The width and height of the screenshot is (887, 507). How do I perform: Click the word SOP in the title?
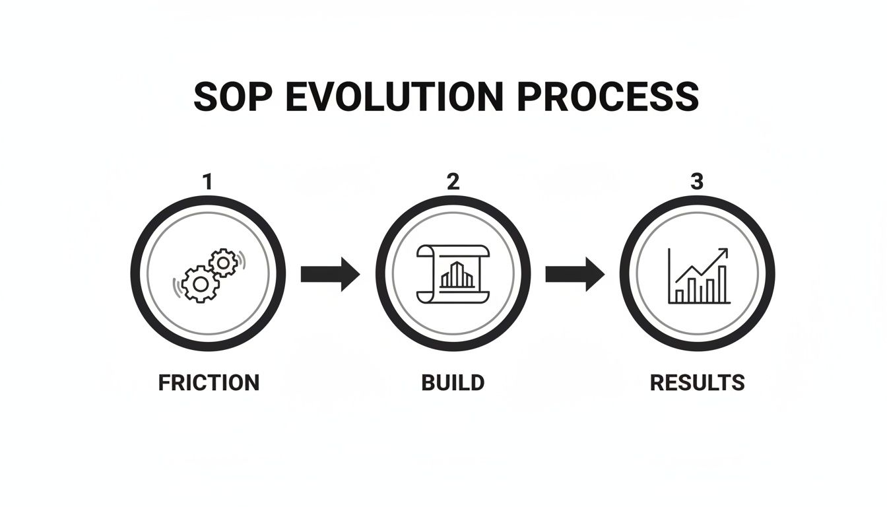227,97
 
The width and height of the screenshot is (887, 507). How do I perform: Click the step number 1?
208,182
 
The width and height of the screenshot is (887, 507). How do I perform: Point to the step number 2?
453,182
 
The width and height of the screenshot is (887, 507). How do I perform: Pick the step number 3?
697,182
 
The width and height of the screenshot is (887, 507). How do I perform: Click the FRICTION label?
209,382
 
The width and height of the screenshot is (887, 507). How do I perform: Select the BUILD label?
453,382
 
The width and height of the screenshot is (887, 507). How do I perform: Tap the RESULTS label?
698,382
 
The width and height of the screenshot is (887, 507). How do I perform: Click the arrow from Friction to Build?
330,273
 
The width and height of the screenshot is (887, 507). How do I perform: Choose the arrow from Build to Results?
575,273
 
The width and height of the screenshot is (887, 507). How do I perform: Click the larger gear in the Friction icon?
200,285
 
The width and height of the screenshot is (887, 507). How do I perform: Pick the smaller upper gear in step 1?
223,263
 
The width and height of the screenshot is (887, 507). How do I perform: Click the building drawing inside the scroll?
457,275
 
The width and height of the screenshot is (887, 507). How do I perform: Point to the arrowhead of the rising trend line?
725,252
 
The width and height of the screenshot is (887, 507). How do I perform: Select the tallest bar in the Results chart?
722,283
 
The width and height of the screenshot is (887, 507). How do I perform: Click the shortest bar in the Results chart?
679,296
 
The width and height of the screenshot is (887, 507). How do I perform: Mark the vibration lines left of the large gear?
176,288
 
